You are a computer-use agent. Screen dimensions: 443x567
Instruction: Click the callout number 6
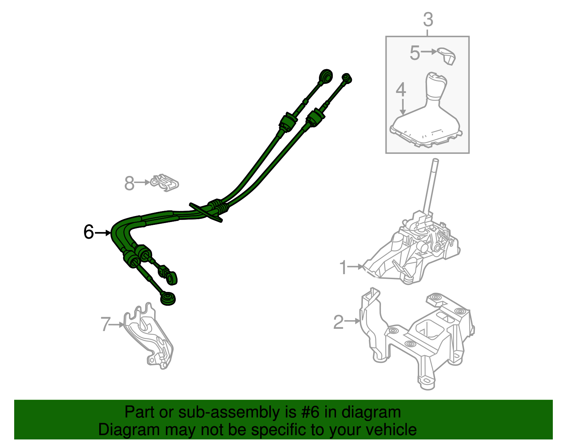[89, 232]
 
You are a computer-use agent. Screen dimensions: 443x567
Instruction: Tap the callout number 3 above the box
[428, 20]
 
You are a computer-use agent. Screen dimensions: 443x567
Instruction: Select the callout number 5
[415, 53]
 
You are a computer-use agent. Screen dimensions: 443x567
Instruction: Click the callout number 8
[129, 183]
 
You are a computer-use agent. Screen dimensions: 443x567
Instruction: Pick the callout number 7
[106, 324]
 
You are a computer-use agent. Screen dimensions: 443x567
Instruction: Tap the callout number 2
[338, 322]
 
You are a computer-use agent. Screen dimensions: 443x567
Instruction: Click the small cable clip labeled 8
[165, 183]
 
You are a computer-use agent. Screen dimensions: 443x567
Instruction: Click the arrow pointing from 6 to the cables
[103, 233]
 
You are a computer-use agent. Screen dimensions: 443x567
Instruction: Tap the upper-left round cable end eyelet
[326, 76]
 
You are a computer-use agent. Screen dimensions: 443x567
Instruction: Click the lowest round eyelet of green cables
[168, 299]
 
